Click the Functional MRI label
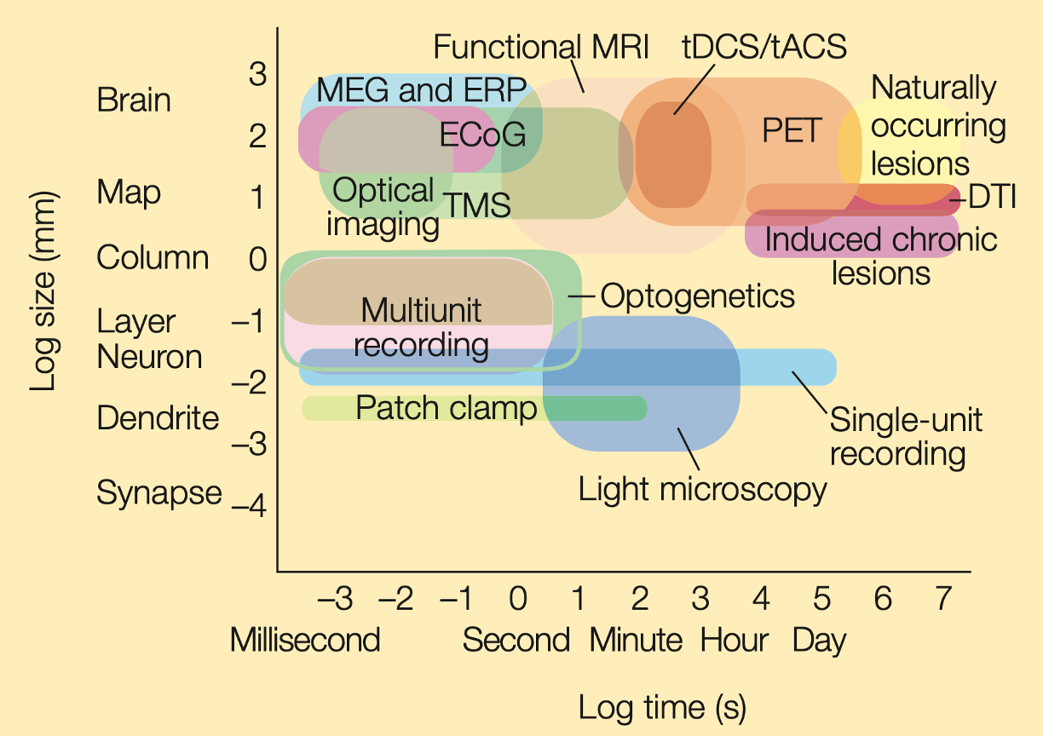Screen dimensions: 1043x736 click(x=541, y=47)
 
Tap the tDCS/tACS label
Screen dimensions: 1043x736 click(x=764, y=47)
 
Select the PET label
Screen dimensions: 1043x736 click(x=792, y=129)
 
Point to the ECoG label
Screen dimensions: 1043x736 click(x=483, y=135)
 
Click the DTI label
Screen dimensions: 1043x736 click(x=992, y=197)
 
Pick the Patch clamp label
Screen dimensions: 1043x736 click(x=446, y=408)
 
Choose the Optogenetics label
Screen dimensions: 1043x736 click(x=698, y=296)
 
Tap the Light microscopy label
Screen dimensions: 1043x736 click(x=703, y=490)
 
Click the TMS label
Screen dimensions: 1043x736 click(x=478, y=204)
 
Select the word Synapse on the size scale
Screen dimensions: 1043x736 click(x=159, y=493)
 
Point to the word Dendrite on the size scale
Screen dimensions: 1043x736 click(x=158, y=417)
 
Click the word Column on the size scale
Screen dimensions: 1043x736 click(x=153, y=257)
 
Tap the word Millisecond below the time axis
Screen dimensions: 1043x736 click(x=305, y=640)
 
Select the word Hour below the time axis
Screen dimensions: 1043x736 click(x=735, y=640)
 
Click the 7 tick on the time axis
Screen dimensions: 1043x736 click(x=944, y=598)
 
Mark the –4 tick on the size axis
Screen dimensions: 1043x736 click(x=249, y=505)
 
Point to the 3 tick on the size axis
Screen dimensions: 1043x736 click(x=257, y=73)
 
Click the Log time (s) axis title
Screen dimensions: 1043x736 click(x=662, y=708)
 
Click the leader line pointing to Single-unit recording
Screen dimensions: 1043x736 click(x=810, y=392)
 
